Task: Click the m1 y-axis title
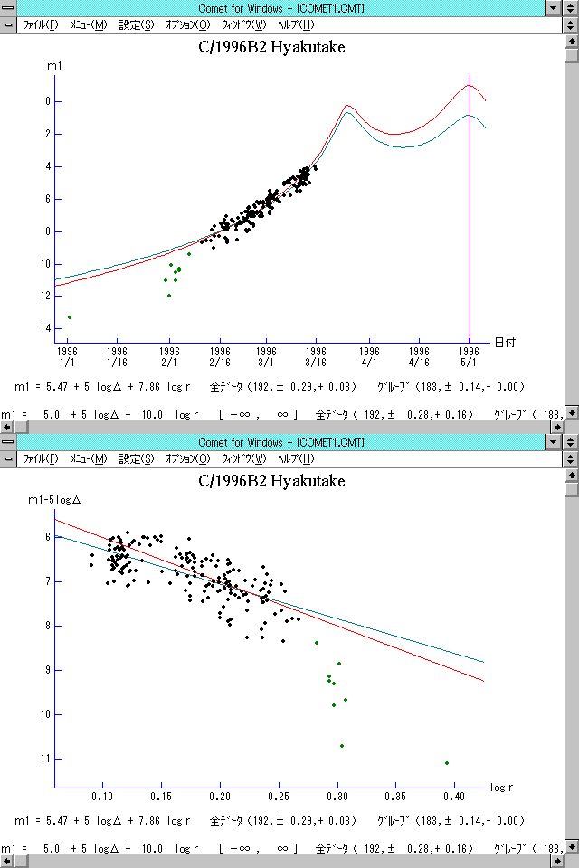click(x=53, y=66)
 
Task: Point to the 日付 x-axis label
click(x=505, y=342)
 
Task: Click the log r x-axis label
click(x=499, y=787)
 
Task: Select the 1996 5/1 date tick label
click(x=469, y=354)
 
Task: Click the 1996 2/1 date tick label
click(x=168, y=354)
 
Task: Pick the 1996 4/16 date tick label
click(x=419, y=354)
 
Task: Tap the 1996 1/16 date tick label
click(x=117, y=354)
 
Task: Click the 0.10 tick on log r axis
click(x=103, y=797)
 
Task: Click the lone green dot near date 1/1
click(x=70, y=317)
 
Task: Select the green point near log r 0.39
click(x=447, y=763)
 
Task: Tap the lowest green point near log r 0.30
click(x=342, y=746)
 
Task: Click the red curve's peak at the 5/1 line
click(x=469, y=86)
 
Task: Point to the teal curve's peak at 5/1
click(x=469, y=115)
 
